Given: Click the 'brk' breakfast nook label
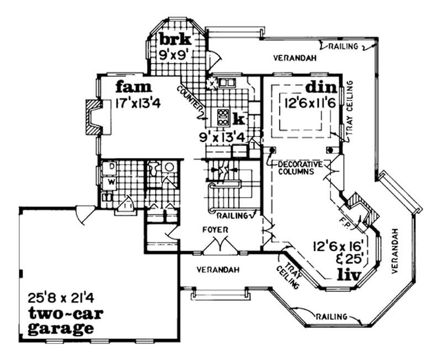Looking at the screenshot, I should pos(176,40).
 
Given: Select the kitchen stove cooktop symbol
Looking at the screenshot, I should pos(224,117).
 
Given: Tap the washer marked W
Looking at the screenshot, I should pos(110,181).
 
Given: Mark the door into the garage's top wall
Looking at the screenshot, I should pos(84,210).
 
